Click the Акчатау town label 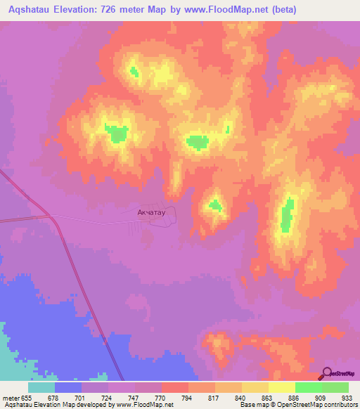click(x=151, y=210)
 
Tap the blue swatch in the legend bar click(x=68, y=387)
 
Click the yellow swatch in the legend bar click(x=282, y=387)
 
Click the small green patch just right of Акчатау click(x=214, y=206)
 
